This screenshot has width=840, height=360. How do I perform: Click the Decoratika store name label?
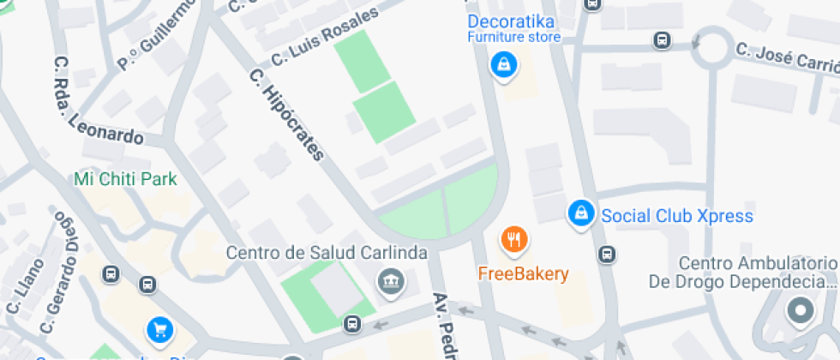511,21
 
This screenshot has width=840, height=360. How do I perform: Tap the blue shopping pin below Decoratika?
502,63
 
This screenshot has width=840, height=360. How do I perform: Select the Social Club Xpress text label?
677,215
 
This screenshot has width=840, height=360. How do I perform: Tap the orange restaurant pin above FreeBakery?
513,240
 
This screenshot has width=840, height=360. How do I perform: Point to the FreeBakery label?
523,274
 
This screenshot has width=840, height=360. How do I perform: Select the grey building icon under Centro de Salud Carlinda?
392,280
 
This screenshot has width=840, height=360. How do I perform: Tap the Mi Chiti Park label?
125,179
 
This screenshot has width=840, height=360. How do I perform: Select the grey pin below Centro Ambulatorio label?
800,312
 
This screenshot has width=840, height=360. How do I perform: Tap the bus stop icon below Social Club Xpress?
607,254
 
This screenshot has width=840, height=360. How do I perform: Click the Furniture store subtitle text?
514,38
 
